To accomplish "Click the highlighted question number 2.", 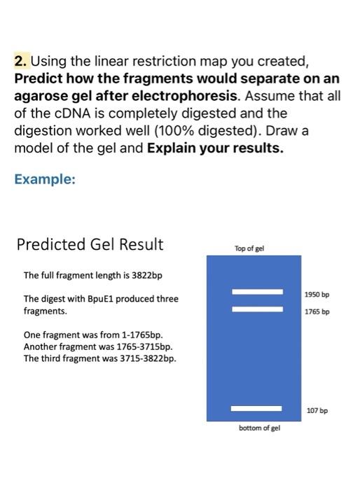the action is click(21, 61).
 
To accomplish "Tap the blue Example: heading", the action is click(45, 179).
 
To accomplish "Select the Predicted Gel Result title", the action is click(90, 244).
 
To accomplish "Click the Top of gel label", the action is click(249, 248).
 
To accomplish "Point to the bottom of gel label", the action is click(259, 428).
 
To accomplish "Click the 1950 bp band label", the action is click(317, 295).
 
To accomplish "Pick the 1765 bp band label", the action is click(317, 311).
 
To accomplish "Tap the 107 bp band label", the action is click(317, 410).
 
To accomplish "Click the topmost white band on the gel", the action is click(257, 292).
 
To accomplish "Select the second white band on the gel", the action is click(257, 309).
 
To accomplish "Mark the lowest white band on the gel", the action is click(256, 408).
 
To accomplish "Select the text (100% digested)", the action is click(208, 131).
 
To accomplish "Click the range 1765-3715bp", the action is click(144, 346).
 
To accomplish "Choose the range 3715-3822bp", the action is click(148, 358).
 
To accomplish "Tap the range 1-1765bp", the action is click(142, 335).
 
